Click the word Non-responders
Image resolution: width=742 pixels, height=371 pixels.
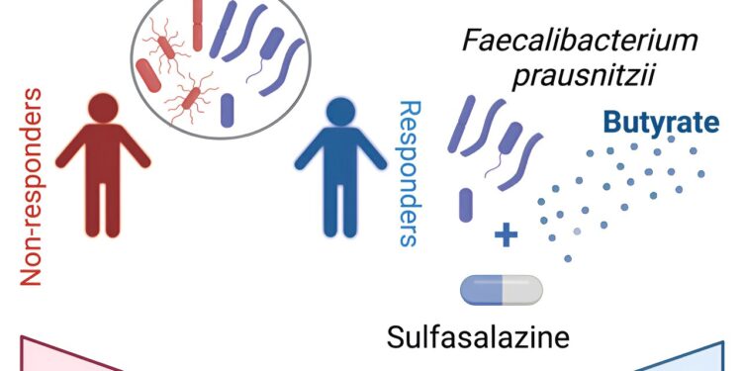pos(32,186)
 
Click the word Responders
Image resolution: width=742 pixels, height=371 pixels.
pos(409,172)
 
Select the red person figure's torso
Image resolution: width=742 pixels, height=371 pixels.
pos(102,158)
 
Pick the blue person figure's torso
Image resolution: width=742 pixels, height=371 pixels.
pos(341,158)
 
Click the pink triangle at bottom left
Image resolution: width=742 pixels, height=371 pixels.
pos(59,356)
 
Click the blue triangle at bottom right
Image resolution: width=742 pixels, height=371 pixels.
pos(693,356)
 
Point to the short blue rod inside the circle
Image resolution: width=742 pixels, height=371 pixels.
pos(230,108)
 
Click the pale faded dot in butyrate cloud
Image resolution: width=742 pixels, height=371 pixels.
pos(577,232)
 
